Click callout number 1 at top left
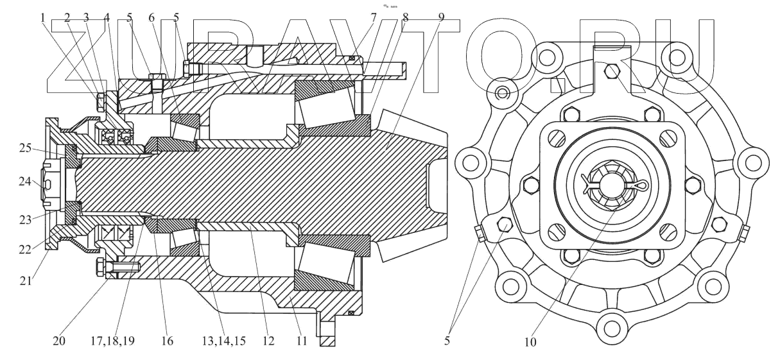pyautogui.click(x=43, y=18)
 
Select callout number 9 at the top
pyautogui.click(x=440, y=18)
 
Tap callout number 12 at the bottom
pyautogui.click(x=268, y=341)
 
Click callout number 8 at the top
pyautogui.click(x=406, y=18)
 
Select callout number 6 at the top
pyautogui.click(x=152, y=18)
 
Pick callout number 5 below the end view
pyautogui.click(x=447, y=341)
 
